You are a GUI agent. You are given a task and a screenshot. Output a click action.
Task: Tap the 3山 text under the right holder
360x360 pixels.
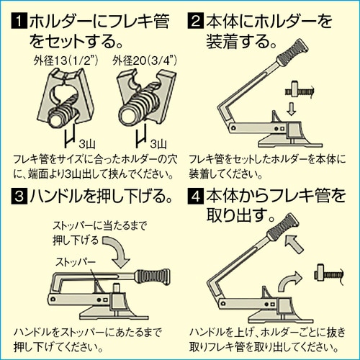(x=160, y=143)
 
